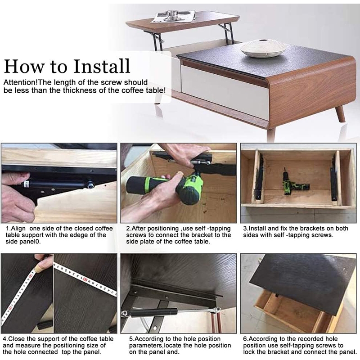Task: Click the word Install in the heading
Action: tap(102, 66)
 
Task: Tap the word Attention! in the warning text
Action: tap(21, 82)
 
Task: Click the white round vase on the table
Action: tap(263, 49)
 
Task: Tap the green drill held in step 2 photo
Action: tap(165, 188)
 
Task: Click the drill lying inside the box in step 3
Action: tap(295, 183)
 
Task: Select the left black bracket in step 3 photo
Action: tap(260, 177)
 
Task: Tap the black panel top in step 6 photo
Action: tap(303, 282)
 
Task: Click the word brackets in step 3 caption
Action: tap(308, 229)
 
